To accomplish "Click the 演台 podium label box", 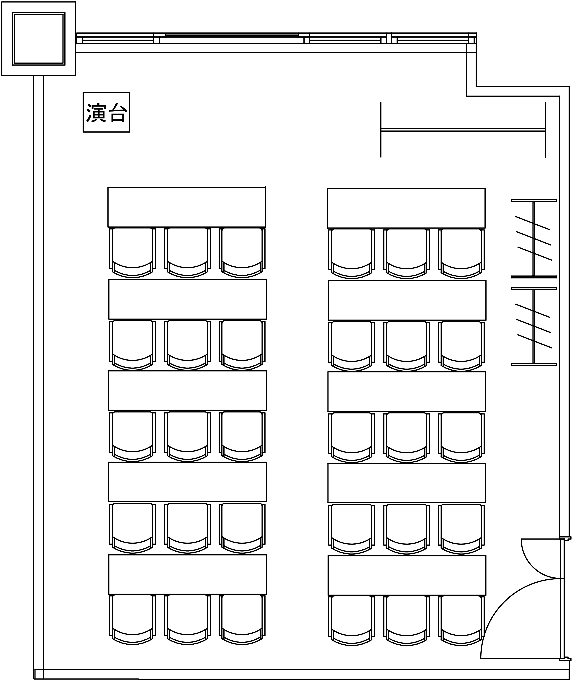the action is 106,112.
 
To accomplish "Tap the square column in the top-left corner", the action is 39,39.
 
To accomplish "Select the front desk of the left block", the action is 187,207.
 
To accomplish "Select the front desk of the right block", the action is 406,208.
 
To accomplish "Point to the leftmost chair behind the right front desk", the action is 352,254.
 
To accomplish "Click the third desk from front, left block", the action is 187,390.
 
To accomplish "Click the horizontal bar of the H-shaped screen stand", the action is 463,130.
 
